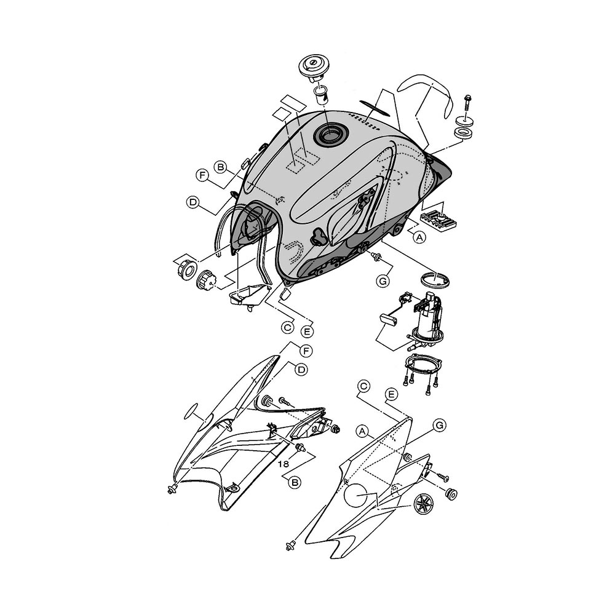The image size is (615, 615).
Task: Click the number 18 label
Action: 283,464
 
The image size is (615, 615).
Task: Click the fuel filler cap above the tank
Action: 314,69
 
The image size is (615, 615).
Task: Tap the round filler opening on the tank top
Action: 330,135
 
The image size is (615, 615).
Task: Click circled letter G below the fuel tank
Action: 383,281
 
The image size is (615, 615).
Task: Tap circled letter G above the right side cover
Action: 440,425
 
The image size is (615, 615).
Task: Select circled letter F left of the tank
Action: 202,175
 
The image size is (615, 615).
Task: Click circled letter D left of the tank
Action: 192,202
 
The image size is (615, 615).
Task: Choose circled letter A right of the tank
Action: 419,237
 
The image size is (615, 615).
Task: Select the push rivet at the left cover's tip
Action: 172,489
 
